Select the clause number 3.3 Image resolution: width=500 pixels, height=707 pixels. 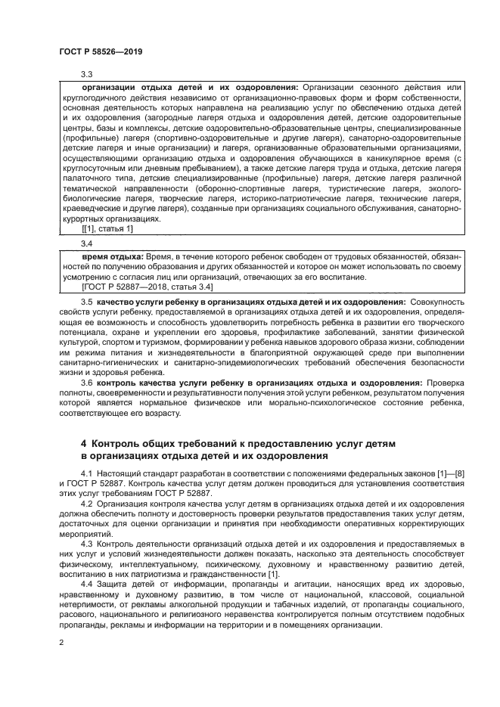point(86,73)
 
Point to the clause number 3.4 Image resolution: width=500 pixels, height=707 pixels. point(86,245)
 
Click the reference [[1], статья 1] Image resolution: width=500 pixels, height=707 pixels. point(107,229)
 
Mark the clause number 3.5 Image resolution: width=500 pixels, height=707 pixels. point(86,302)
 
